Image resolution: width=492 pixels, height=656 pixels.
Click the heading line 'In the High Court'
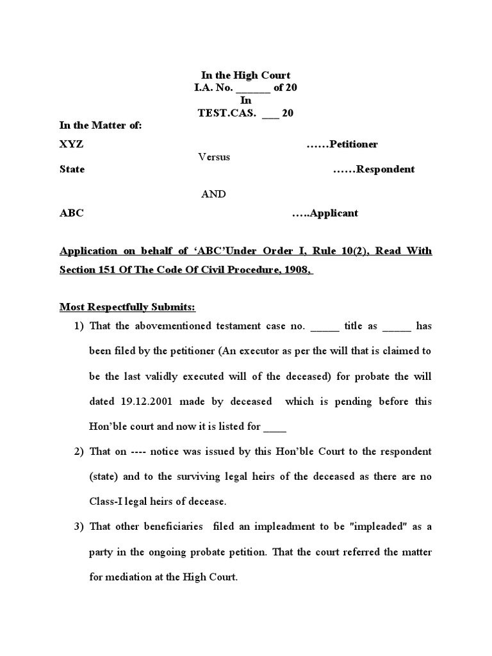246,75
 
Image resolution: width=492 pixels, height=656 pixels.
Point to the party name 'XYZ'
71,144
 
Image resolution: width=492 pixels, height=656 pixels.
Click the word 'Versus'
214,156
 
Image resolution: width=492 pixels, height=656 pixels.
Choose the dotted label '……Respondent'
373,169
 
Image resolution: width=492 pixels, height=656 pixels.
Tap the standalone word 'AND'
213,194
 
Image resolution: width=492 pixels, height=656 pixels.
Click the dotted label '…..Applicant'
325,213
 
